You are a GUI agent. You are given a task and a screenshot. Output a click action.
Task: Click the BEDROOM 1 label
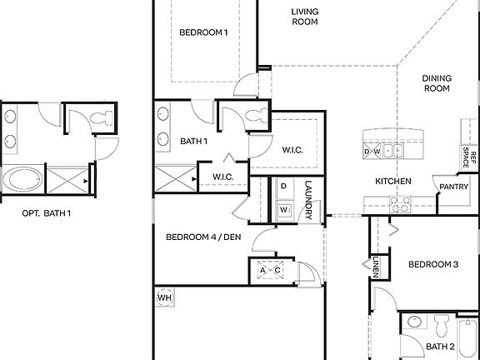click(x=203, y=33)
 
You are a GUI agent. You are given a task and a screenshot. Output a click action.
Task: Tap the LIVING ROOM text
click(x=305, y=17)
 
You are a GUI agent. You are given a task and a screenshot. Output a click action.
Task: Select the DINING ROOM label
click(x=437, y=82)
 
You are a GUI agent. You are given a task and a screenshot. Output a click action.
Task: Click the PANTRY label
click(x=452, y=187)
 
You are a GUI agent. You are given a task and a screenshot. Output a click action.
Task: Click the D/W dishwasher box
click(x=372, y=152)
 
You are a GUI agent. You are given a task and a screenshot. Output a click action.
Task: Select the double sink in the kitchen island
click(x=393, y=152)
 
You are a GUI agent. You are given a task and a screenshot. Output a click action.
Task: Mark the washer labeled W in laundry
click(x=284, y=209)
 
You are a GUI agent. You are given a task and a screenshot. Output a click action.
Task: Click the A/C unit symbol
click(x=268, y=270)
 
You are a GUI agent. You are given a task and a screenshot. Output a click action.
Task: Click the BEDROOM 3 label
click(x=432, y=264)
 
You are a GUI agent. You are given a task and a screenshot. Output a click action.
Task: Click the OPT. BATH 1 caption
click(x=47, y=213)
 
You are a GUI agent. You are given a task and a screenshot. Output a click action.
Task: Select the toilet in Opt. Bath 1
click(x=104, y=119)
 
